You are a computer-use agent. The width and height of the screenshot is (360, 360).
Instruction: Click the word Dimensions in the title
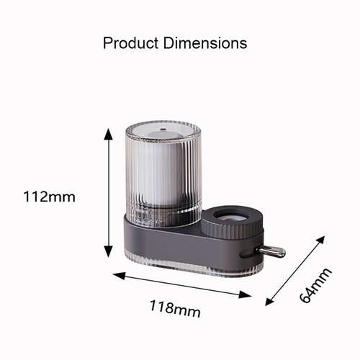[208, 43]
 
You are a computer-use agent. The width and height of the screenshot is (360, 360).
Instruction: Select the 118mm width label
[175, 309]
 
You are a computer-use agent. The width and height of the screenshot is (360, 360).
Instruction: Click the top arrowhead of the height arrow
[109, 133]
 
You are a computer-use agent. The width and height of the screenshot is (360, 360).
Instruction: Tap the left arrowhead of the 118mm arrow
[116, 273]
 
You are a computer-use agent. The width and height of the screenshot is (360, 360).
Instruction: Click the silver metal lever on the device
[273, 251]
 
